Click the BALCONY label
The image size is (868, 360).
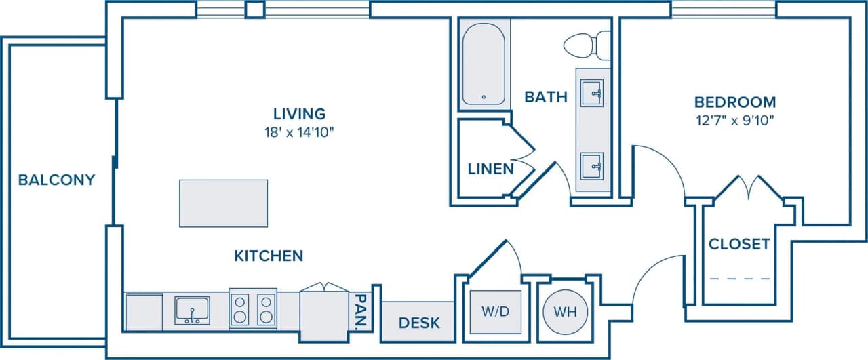pyautogui.click(x=56, y=180)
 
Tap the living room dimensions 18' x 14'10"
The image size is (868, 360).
pyautogui.click(x=299, y=132)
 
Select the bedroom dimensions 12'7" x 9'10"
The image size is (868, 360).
pyautogui.click(x=734, y=121)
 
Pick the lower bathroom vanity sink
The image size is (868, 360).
pyautogui.click(x=593, y=164)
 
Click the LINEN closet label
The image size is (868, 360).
pyautogui.click(x=490, y=169)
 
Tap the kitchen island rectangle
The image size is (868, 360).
pyautogui.click(x=223, y=203)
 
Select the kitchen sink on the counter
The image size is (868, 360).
pyautogui.click(x=192, y=311)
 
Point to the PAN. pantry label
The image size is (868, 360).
pyautogui.click(x=361, y=311)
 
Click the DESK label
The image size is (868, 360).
pyautogui.click(x=418, y=323)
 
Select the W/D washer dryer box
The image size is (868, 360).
pyautogui.click(x=496, y=313)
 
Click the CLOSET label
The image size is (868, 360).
pyautogui.click(x=739, y=244)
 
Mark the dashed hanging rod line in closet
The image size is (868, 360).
pyautogui.click(x=740, y=279)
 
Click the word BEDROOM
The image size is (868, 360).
pyautogui.click(x=734, y=102)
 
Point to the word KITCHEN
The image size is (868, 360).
pyautogui.click(x=269, y=256)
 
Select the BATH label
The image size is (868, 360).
pyautogui.click(x=546, y=97)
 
